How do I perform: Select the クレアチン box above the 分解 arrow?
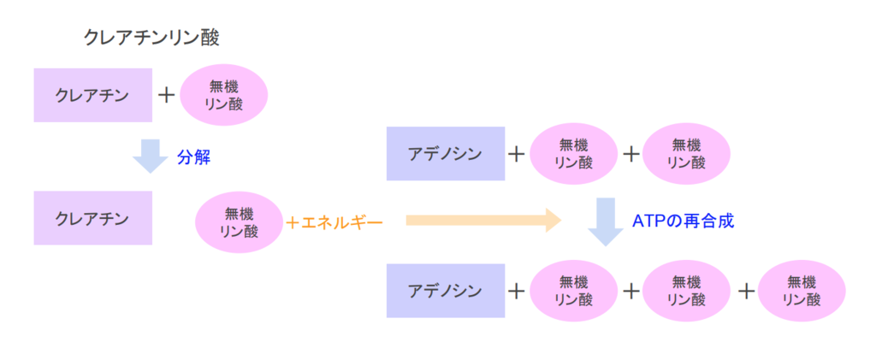[x=92, y=94]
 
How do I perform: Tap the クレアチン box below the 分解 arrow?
[x=92, y=218]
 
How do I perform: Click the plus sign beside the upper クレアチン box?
[x=167, y=94]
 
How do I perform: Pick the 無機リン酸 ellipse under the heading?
[x=225, y=94]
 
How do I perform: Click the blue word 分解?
[x=193, y=157]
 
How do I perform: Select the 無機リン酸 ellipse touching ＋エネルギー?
[x=239, y=221]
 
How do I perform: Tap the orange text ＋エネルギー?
[x=334, y=222]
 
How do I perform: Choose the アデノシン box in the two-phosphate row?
[x=445, y=154]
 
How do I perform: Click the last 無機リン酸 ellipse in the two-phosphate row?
[x=686, y=154]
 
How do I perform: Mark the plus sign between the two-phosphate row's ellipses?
[x=630, y=154]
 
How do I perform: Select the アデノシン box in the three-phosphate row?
[x=445, y=291]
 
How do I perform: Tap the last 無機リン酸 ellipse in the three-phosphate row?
[x=802, y=291]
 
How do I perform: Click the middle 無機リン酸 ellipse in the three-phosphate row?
[x=686, y=291]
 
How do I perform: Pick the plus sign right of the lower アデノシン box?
[x=516, y=291]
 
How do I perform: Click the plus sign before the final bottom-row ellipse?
[x=746, y=291]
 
